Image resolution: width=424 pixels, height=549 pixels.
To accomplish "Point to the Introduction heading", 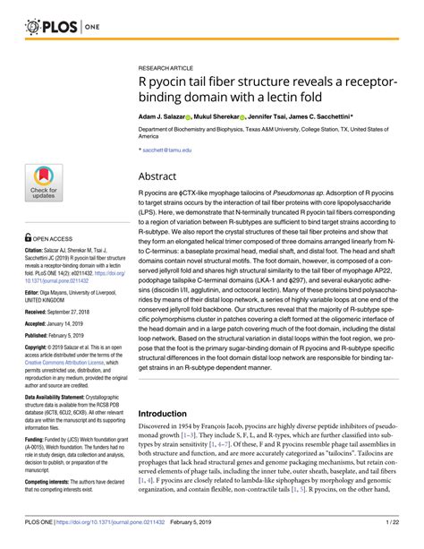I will click(168, 414).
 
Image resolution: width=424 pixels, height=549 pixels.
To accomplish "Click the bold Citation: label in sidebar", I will click(38, 254).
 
